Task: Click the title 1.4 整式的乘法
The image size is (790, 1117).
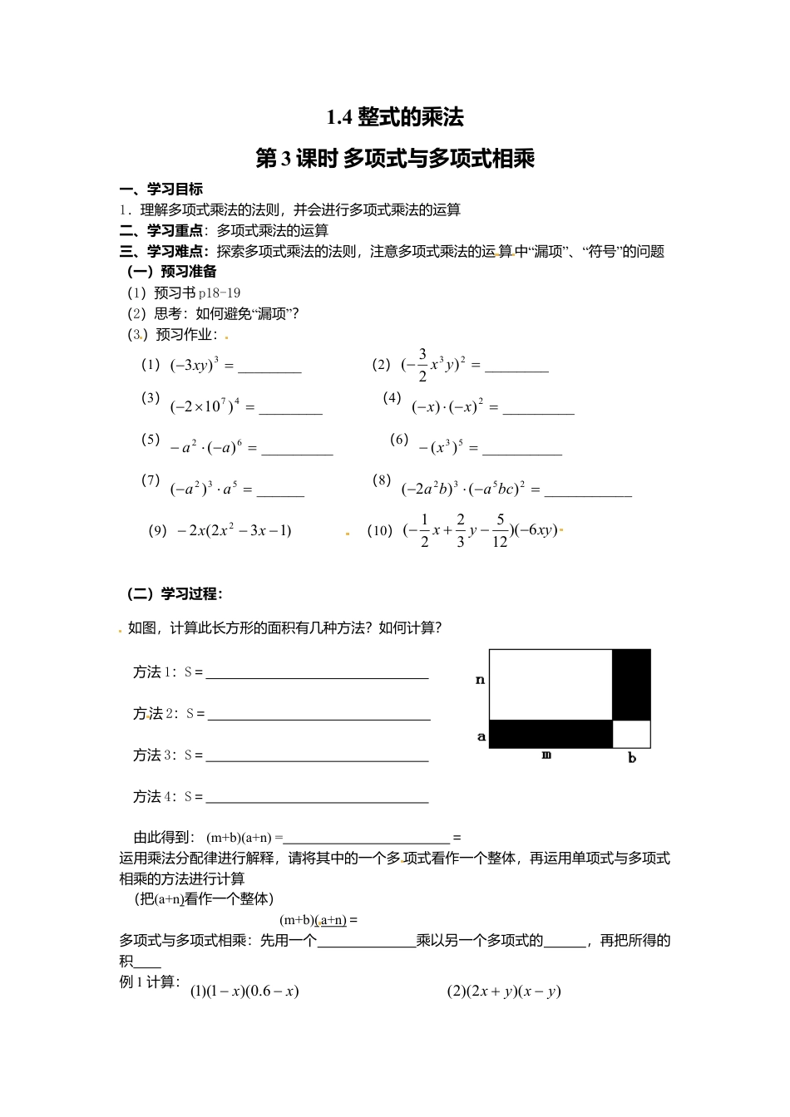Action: click(395, 117)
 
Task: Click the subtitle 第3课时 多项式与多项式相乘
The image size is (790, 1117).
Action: click(395, 158)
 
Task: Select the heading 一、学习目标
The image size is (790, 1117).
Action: click(161, 189)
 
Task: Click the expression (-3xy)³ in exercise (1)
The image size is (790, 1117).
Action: click(195, 365)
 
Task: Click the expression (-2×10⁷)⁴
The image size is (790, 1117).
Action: click(205, 406)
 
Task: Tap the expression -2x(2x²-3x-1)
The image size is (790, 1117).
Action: click(235, 530)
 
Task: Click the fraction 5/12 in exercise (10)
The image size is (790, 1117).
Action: click(500, 530)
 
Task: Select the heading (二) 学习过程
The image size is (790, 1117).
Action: click(175, 593)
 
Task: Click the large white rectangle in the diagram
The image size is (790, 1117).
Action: click(551, 685)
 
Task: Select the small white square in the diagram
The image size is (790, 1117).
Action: click(631, 734)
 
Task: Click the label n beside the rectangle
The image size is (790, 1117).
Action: click(480, 680)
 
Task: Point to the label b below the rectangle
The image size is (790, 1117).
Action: click(632, 758)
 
